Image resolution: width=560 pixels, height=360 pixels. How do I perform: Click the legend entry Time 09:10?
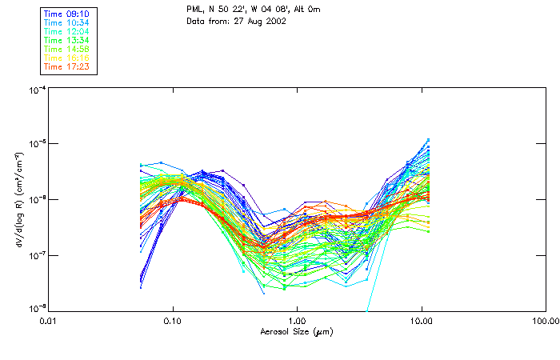point(66,14)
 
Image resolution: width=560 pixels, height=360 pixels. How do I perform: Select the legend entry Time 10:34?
point(66,22)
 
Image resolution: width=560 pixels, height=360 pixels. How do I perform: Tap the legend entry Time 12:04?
point(66,31)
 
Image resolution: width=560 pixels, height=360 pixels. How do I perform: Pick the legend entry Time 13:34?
point(66,40)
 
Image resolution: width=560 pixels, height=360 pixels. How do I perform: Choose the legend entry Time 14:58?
point(66,49)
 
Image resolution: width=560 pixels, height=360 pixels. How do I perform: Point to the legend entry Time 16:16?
point(66,58)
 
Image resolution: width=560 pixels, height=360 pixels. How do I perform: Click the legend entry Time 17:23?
point(66,66)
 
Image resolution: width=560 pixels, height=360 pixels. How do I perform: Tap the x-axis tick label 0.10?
point(173,322)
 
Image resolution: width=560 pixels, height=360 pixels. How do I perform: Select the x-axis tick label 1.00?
point(297,322)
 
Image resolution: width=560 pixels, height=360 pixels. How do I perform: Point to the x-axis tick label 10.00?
point(421,322)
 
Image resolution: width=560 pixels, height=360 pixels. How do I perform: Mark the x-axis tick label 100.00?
point(544,322)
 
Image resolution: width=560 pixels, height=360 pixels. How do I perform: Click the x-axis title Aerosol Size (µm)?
point(297,331)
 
